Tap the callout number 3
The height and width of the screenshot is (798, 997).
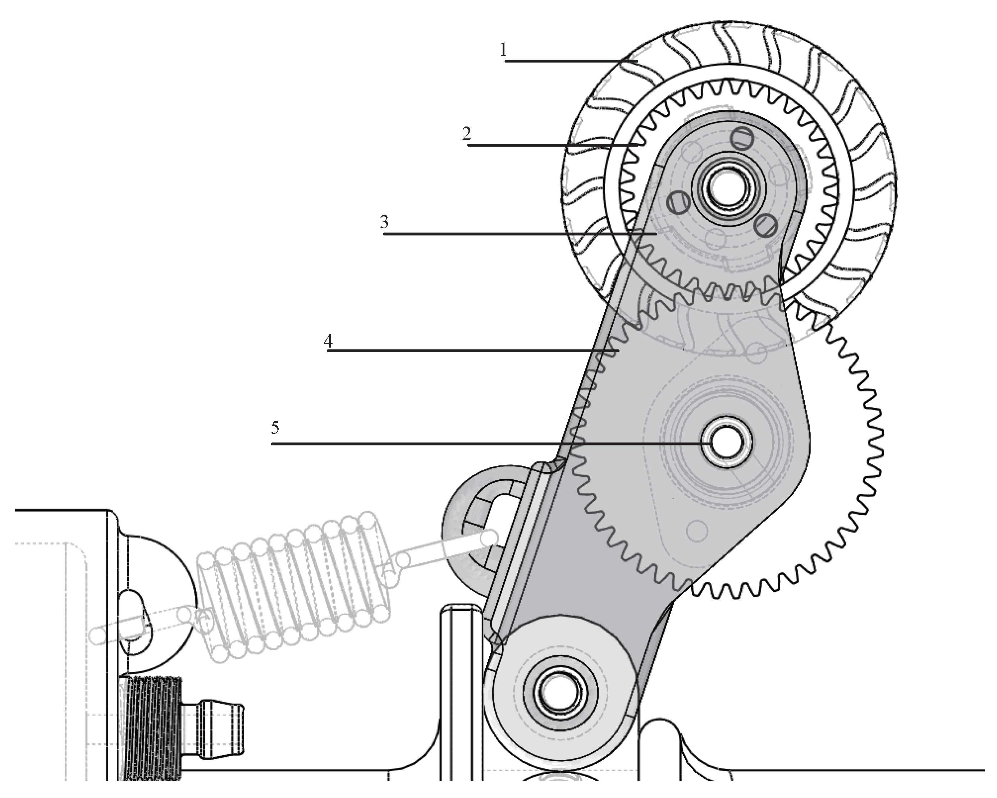pos(384,223)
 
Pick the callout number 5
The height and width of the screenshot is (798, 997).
pos(275,428)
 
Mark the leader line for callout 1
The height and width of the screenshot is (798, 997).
pos(569,60)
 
